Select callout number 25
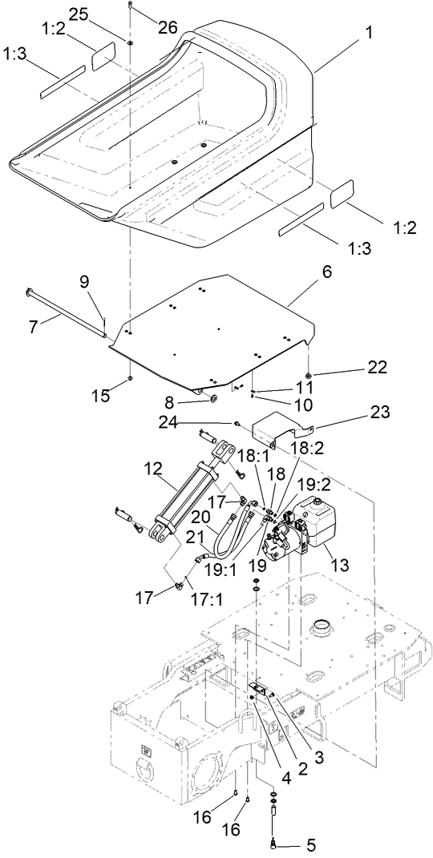point(79,15)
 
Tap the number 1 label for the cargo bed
point(370,33)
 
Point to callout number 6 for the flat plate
point(327,272)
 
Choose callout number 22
point(378,367)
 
